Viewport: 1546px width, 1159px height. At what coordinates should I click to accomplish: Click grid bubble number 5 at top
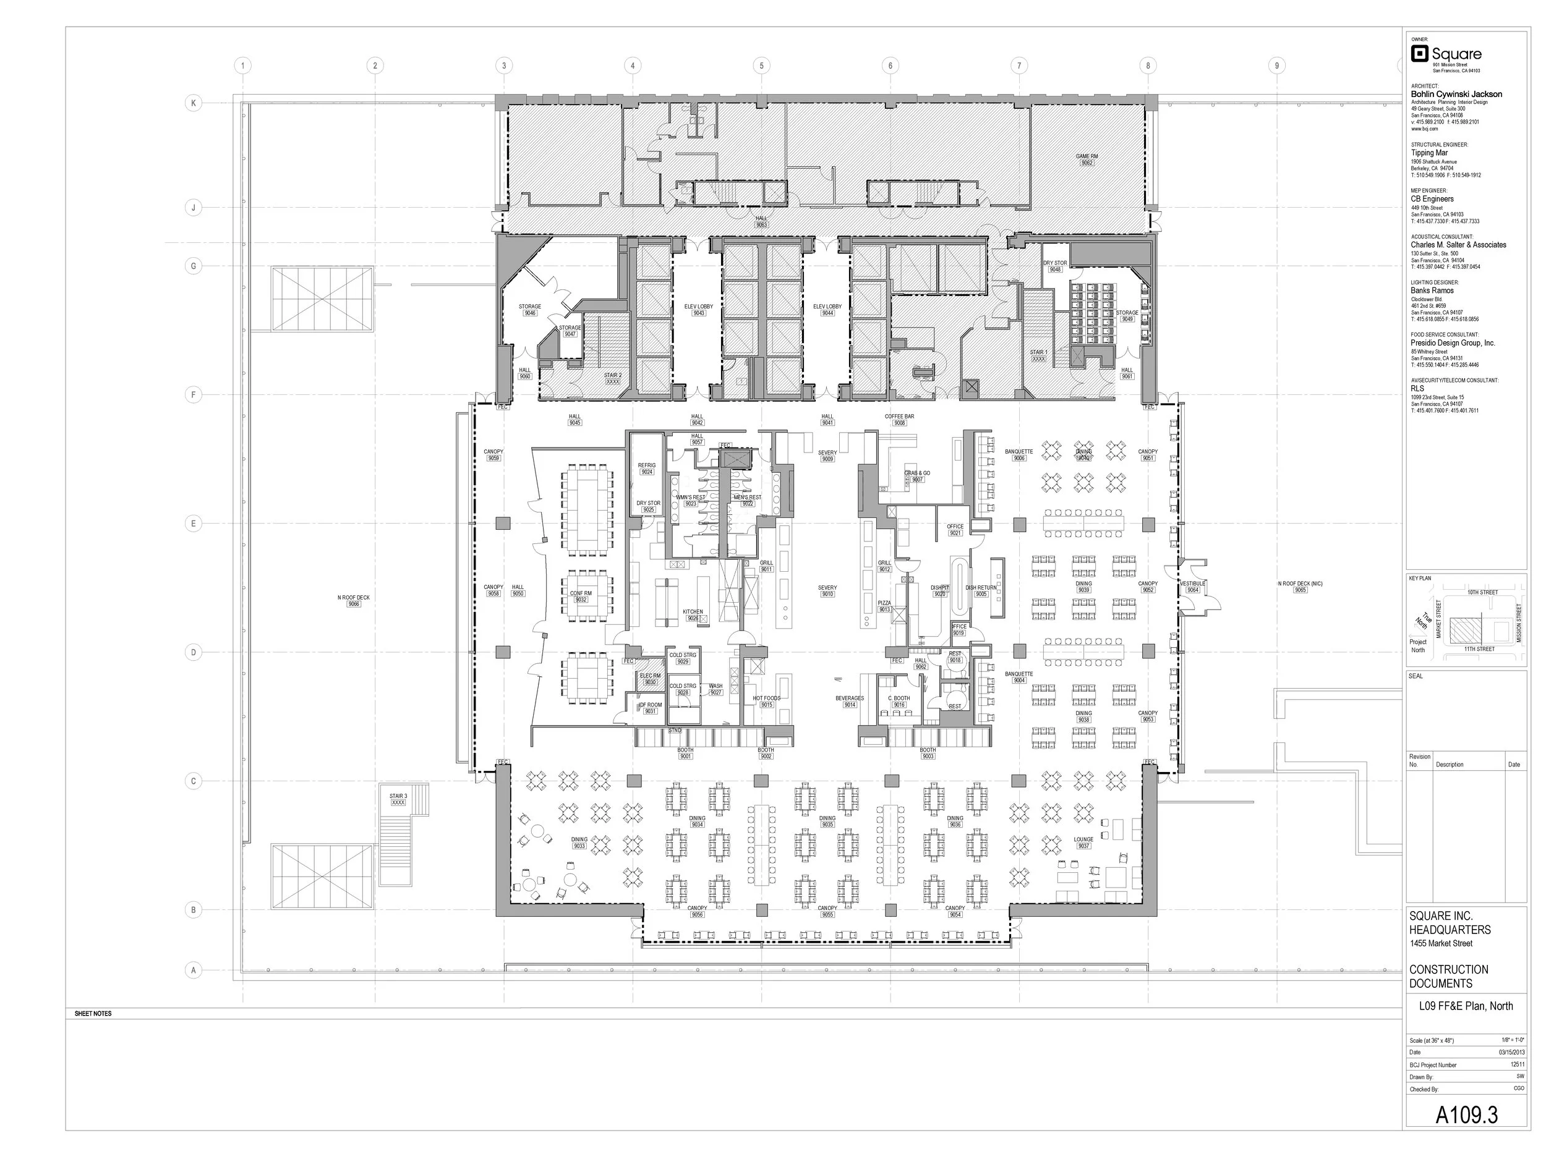point(761,66)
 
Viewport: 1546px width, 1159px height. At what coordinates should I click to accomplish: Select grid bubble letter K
point(194,103)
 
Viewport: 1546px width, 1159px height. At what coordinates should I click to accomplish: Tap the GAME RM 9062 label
point(1086,159)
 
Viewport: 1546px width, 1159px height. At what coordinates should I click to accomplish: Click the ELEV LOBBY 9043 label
point(698,310)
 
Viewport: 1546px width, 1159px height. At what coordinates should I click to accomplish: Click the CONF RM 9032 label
point(580,596)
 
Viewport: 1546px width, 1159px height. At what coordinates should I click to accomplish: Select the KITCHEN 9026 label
point(693,614)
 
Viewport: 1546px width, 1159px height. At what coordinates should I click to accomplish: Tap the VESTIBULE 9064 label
point(1192,586)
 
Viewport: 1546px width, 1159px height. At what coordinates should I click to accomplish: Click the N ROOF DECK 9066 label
point(354,600)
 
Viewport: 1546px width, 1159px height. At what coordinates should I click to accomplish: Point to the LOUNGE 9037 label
point(1083,842)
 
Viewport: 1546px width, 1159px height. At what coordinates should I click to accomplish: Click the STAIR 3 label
point(398,799)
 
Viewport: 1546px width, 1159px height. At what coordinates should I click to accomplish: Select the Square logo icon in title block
point(1419,54)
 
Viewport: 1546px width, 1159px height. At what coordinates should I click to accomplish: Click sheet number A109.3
point(1466,1115)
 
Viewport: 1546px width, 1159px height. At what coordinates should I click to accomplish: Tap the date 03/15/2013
point(1511,1052)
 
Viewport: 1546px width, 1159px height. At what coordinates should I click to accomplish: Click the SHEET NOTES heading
point(93,1013)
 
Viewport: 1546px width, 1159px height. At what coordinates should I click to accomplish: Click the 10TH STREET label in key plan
point(1482,592)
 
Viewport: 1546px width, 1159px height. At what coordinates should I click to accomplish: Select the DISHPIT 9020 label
point(939,590)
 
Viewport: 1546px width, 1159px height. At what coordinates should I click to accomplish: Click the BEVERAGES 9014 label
point(849,701)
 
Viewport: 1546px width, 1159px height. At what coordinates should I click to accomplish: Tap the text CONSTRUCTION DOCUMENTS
point(1448,976)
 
